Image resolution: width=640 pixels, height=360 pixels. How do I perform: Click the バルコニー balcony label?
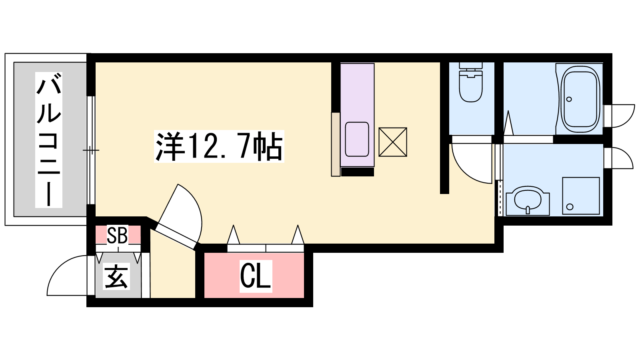click(x=48, y=140)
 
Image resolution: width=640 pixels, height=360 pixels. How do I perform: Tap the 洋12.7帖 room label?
click(x=219, y=146)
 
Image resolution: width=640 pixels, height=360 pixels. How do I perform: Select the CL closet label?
click(x=256, y=276)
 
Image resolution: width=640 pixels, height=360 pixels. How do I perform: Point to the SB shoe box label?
click(x=118, y=235)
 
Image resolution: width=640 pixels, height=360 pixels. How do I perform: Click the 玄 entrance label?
click(x=116, y=276)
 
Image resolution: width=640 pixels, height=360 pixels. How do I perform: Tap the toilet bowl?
click(x=470, y=86)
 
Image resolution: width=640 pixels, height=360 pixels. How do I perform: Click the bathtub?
click(x=580, y=99)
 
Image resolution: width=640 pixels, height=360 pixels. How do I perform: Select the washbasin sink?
click(x=528, y=200)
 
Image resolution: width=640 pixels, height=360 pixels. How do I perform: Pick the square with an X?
click(x=392, y=142)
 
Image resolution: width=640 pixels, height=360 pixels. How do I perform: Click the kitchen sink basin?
click(x=357, y=139)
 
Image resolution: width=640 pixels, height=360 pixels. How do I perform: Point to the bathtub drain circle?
click(x=569, y=100)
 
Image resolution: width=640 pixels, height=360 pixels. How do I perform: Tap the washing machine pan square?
click(x=581, y=196)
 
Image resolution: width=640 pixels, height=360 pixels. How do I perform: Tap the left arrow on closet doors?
click(x=234, y=234)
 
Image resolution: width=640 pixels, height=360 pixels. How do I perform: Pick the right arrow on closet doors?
click(x=298, y=234)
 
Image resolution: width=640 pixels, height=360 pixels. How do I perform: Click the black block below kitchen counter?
click(x=358, y=172)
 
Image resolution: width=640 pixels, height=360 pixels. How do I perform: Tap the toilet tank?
click(x=470, y=66)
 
